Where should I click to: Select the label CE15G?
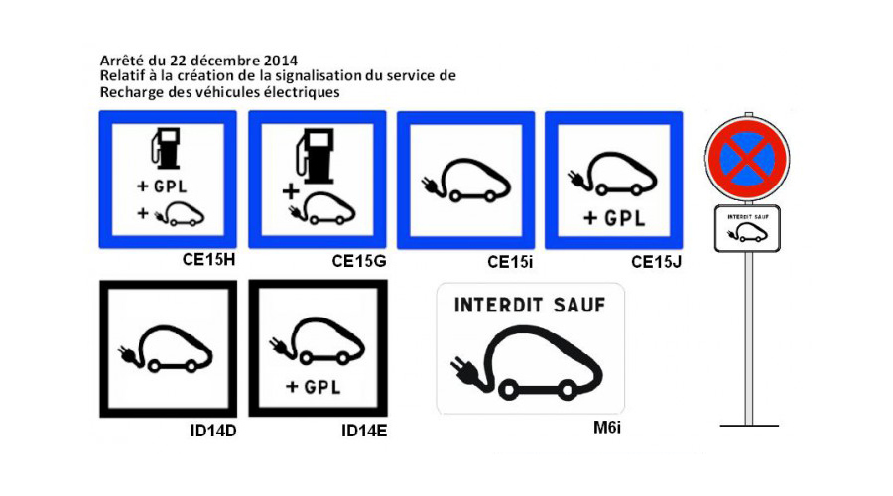(359, 261)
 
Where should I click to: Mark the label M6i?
(605, 429)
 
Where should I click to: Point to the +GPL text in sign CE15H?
(165, 186)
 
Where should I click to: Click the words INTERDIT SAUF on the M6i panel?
(529, 305)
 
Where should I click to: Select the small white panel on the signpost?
(748, 227)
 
